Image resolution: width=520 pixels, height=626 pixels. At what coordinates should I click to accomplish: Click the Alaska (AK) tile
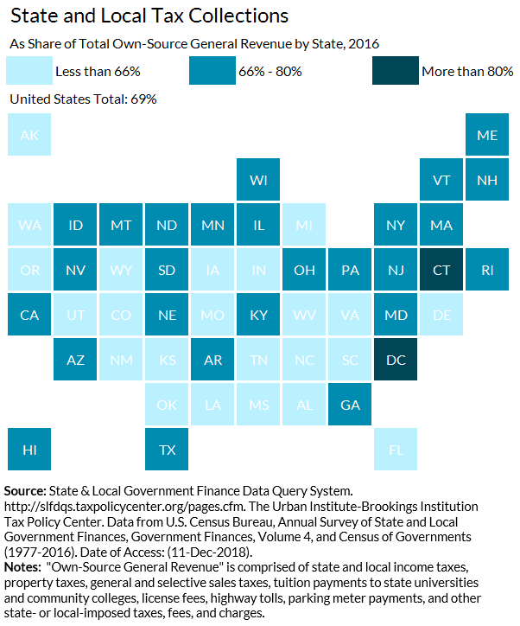pyautogui.click(x=29, y=135)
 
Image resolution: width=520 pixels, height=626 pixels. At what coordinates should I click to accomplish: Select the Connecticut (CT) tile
pyautogui.click(x=441, y=270)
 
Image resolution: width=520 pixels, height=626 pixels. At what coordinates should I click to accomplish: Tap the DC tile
pyautogui.click(x=396, y=360)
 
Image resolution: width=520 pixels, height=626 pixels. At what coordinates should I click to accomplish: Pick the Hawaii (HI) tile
pyautogui.click(x=29, y=450)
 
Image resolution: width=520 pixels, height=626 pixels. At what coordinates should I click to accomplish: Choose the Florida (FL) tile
pyautogui.click(x=396, y=450)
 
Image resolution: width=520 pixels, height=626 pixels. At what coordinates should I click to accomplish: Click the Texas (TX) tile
pyautogui.click(x=167, y=450)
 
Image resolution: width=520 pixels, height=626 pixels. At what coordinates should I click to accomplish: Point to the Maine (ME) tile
pyautogui.click(x=487, y=135)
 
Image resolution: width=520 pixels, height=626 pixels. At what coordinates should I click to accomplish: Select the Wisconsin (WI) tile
pyautogui.click(x=258, y=180)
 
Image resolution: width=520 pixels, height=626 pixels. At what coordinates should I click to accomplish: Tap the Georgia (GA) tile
pyautogui.click(x=350, y=405)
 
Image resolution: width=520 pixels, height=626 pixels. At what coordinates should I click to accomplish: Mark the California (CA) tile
pyautogui.click(x=29, y=315)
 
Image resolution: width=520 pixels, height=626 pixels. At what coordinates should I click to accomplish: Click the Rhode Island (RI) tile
pyautogui.click(x=487, y=270)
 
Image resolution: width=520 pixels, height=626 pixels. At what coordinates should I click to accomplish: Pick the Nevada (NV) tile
pyautogui.click(x=75, y=270)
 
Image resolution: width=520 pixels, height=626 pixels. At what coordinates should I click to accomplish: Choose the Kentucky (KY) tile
pyautogui.click(x=258, y=315)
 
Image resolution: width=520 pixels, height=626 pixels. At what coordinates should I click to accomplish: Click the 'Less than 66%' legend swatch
pyautogui.click(x=29, y=71)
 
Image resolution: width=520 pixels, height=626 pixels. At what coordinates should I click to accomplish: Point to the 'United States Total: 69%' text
pyautogui.click(x=83, y=99)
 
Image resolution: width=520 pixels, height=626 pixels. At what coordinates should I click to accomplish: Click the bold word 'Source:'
pyautogui.click(x=26, y=491)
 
